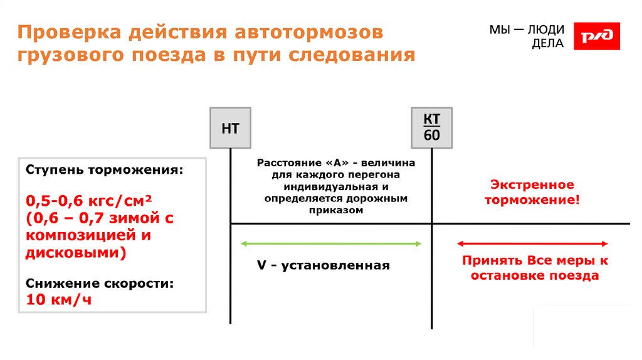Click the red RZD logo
597,36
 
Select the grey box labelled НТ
230,129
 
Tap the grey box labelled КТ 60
432,128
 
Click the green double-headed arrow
332,243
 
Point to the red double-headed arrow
532,243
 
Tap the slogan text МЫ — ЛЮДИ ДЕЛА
526,37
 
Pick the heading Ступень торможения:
105,171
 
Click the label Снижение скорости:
100,283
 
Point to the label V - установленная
323,265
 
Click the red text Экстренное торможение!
532,193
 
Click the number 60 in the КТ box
432,136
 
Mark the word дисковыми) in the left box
76,253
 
